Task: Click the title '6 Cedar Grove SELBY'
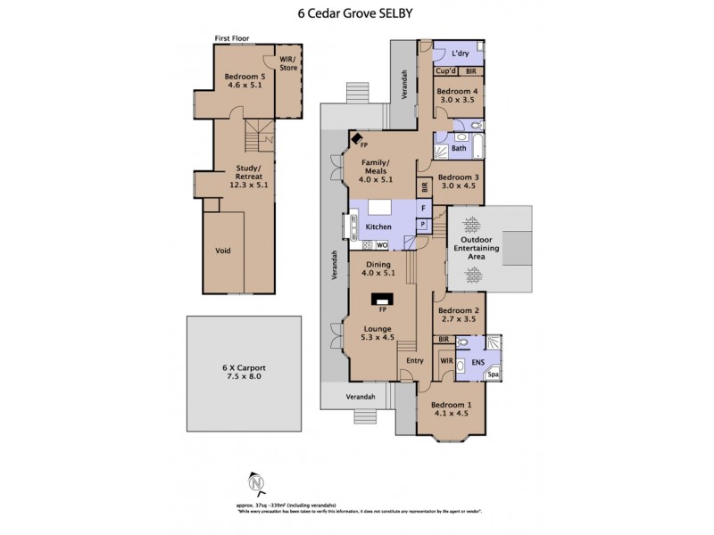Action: pos(356,13)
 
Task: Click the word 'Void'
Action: pos(224,251)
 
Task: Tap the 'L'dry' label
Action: pos(460,53)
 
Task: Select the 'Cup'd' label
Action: pos(446,71)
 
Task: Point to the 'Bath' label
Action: pos(459,148)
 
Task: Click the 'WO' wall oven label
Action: pos(381,244)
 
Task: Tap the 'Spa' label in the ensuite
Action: pos(493,374)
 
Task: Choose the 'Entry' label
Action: pos(415,360)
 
